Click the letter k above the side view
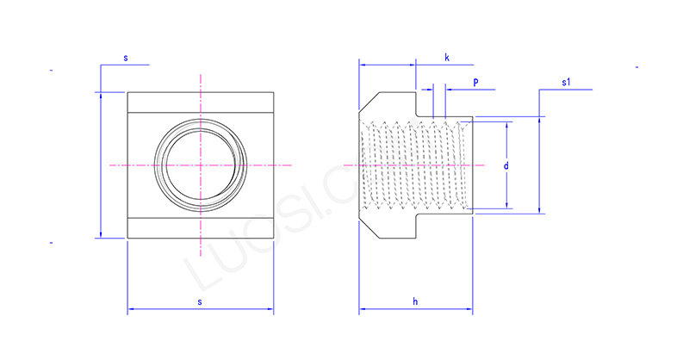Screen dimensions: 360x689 tap(447, 57)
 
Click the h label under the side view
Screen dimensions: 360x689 tap(414, 301)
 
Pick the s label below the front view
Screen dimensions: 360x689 tap(200, 301)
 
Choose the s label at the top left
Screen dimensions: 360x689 tap(126, 58)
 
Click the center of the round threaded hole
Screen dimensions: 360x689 tap(200, 164)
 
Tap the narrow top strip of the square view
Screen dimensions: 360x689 tap(200, 102)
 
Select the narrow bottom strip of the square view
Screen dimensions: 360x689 tap(200, 228)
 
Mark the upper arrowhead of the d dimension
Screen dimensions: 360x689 tap(506, 124)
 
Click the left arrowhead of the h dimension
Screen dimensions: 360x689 tap(362, 308)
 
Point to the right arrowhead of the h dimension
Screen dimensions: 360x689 tap(469, 308)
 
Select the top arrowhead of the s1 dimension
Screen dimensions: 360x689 tap(540, 119)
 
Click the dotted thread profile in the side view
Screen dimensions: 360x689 tap(413, 164)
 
